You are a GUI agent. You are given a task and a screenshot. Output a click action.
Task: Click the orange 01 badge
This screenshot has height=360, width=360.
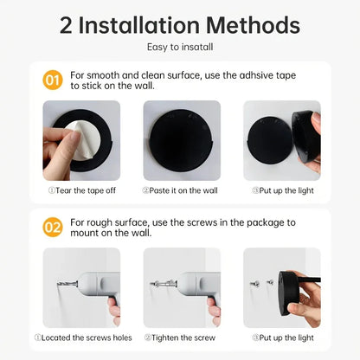click(x=53, y=80)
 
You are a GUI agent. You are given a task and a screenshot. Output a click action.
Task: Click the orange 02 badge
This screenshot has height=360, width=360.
click(x=53, y=228)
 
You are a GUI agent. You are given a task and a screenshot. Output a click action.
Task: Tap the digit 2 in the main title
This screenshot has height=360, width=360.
click(x=67, y=25)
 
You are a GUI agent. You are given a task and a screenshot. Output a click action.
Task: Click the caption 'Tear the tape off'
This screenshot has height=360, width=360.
click(x=81, y=190)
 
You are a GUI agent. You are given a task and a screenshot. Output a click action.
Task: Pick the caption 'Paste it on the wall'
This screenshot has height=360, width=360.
click(x=181, y=190)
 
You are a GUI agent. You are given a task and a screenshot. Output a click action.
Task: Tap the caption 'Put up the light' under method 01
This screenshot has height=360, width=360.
click(x=281, y=190)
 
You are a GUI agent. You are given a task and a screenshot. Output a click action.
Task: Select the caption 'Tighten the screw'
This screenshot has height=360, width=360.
click(x=181, y=337)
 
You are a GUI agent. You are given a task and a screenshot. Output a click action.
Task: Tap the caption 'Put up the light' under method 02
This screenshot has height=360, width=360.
click(x=281, y=337)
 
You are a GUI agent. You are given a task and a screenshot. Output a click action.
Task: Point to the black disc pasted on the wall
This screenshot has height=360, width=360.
click(x=181, y=139)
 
